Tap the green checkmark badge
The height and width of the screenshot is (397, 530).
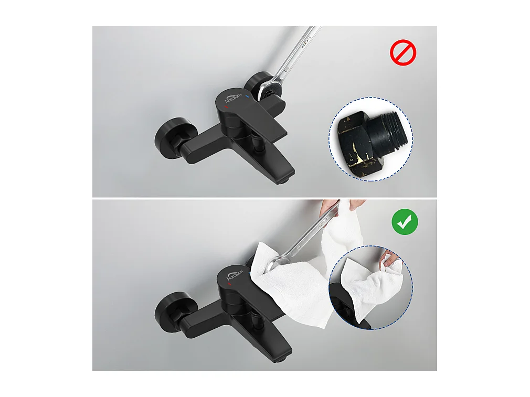tap(405, 224)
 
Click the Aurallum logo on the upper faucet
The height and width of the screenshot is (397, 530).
tap(232, 99)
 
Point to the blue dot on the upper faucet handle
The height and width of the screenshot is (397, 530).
tap(247, 96)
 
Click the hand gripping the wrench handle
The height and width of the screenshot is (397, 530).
tap(331, 204)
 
